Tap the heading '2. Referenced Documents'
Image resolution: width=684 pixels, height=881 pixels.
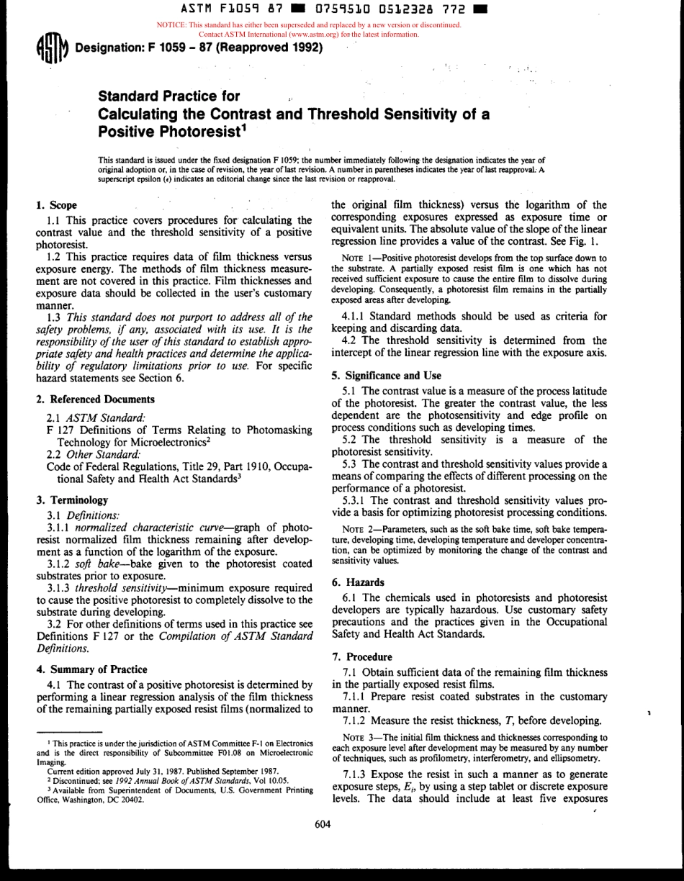point(95,399)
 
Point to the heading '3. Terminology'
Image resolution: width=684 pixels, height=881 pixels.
point(72,500)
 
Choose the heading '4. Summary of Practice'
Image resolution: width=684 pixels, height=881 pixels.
point(91,669)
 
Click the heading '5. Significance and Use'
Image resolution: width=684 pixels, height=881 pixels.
point(387,375)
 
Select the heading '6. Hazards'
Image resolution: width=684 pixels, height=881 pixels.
point(358,582)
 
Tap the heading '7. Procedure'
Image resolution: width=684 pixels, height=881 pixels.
point(362,656)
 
